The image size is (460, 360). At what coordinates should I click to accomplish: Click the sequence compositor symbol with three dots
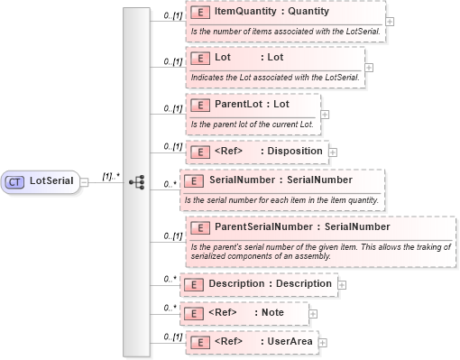click(x=137, y=181)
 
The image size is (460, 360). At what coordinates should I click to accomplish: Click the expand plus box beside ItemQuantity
click(x=389, y=21)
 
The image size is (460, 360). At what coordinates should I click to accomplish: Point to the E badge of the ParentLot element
click(x=198, y=105)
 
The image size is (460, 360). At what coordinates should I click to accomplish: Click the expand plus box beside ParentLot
click(x=325, y=115)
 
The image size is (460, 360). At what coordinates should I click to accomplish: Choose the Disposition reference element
click(x=268, y=151)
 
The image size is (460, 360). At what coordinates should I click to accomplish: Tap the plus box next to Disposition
click(x=332, y=151)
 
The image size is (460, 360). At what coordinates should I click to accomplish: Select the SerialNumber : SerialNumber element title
click(x=268, y=180)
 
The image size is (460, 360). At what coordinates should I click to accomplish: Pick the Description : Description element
click(x=270, y=283)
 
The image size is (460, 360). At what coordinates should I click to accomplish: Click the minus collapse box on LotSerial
click(x=83, y=181)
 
